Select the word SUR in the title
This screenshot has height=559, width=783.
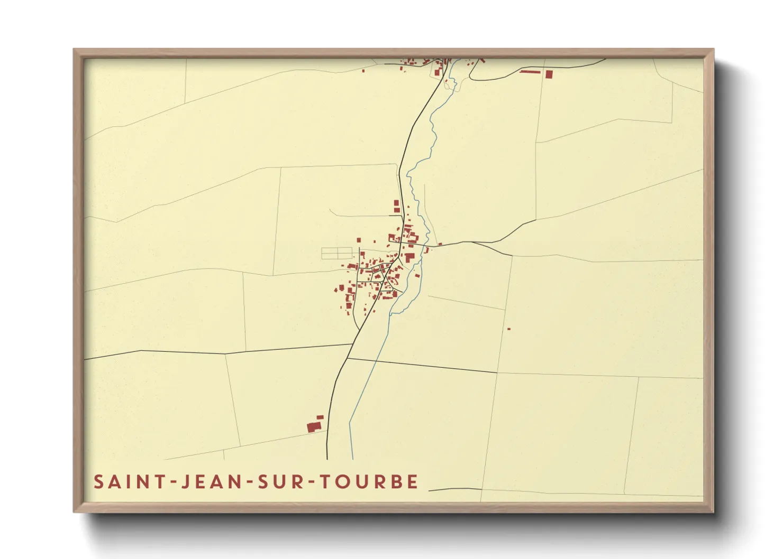tap(281, 482)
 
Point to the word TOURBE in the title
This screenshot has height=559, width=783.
tap(370, 482)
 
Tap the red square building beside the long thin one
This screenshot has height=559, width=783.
tap(549, 74)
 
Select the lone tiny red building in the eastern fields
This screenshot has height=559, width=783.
tap(509, 329)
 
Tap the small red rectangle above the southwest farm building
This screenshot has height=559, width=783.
tap(320, 417)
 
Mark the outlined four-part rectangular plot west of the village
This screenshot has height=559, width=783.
tap(336, 253)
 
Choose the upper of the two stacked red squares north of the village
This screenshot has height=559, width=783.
tap(396, 202)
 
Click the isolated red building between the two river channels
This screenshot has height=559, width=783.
tap(417, 275)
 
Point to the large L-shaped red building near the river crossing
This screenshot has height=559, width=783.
tap(409, 257)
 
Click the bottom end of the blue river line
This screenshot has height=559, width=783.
tap(352, 458)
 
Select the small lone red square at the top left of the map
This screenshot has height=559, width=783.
tap(363, 70)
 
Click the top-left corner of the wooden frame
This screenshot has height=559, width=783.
tap(74, 49)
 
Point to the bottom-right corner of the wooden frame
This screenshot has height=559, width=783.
tap(713, 511)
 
